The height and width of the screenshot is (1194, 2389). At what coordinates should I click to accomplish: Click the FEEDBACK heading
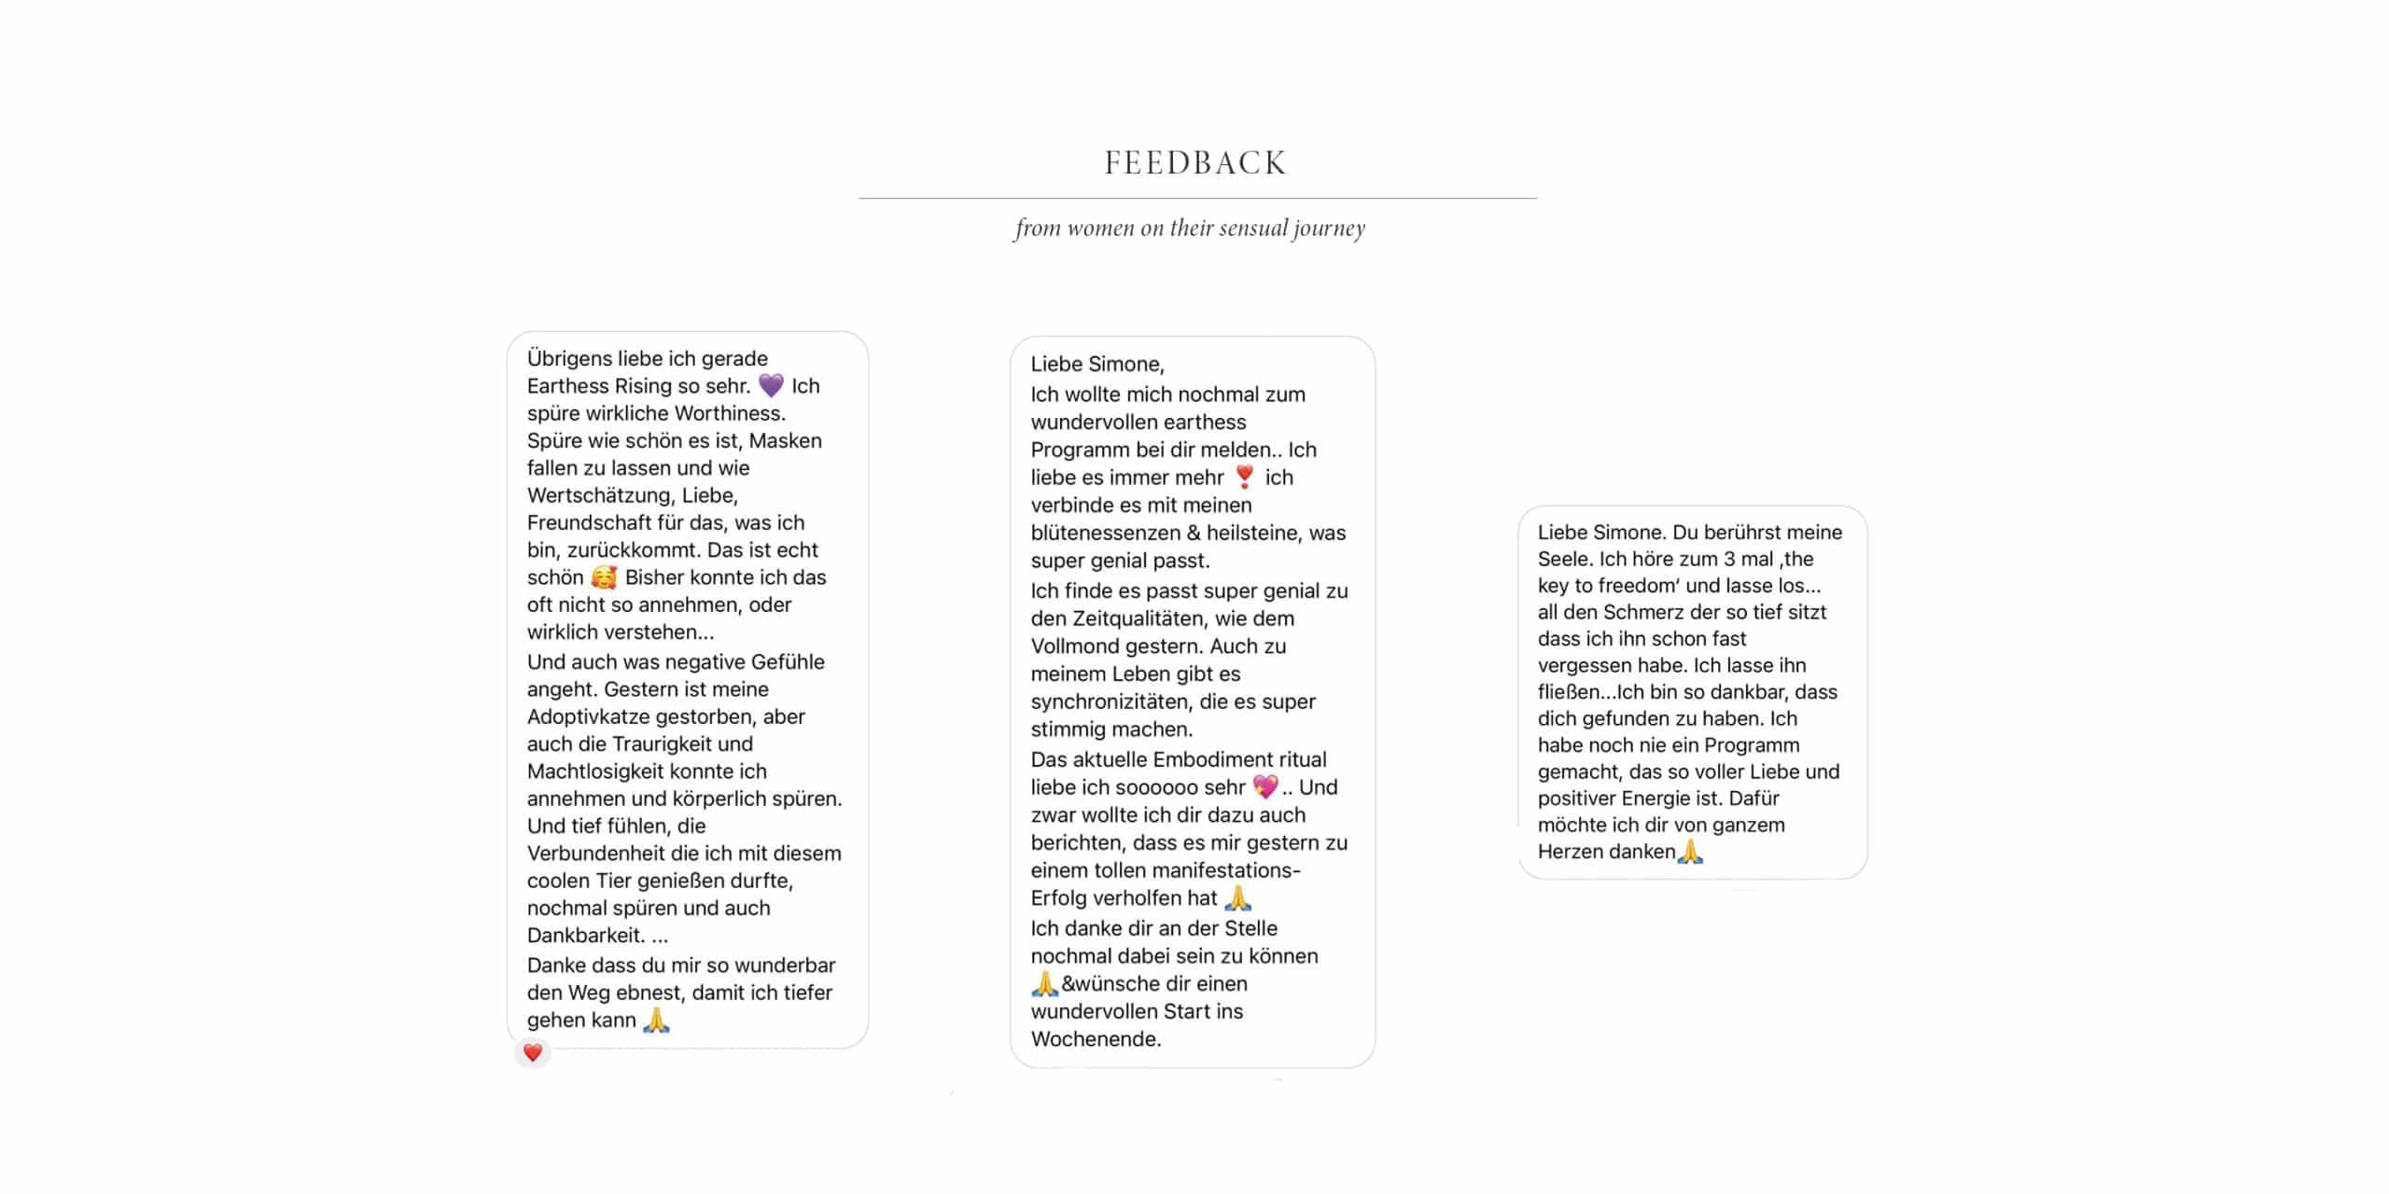pos(1195,163)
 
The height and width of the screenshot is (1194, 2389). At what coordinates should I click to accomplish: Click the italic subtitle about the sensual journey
pos(1190,229)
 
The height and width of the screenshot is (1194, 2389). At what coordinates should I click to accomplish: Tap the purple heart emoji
pos(771,385)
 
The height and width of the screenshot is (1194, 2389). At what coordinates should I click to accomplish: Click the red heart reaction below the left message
pos(533,1053)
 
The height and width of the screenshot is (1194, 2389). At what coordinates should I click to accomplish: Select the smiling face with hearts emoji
pos(604,577)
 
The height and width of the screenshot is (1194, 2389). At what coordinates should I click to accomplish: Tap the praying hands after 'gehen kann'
pos(656,1020)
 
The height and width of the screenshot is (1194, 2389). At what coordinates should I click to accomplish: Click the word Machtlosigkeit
pos(647,771)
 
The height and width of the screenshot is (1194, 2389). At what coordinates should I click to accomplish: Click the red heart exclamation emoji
pos(1244,477)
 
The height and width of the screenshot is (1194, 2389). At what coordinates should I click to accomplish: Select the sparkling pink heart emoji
pos(1264,786)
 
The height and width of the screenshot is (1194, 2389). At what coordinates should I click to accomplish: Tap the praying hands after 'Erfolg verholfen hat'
pos(1237,898)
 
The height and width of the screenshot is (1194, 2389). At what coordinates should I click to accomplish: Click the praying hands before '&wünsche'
pos(1044,983)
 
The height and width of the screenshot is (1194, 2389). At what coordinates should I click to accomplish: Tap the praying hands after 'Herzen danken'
pos(1690,852)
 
